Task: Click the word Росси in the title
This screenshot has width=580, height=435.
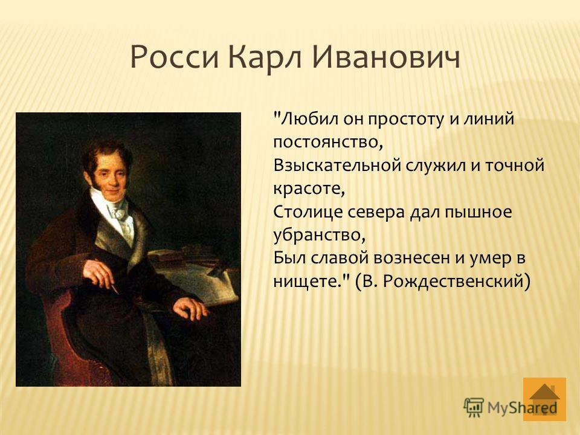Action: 175,58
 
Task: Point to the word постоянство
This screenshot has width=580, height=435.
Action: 327,143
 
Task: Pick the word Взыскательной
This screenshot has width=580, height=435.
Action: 337,166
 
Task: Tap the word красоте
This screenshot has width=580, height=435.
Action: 309,189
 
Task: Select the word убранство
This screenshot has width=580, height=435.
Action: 319,235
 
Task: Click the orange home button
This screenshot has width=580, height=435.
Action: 544,399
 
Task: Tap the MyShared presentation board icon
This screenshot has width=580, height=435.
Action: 474,408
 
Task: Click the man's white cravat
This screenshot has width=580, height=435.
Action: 120,214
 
